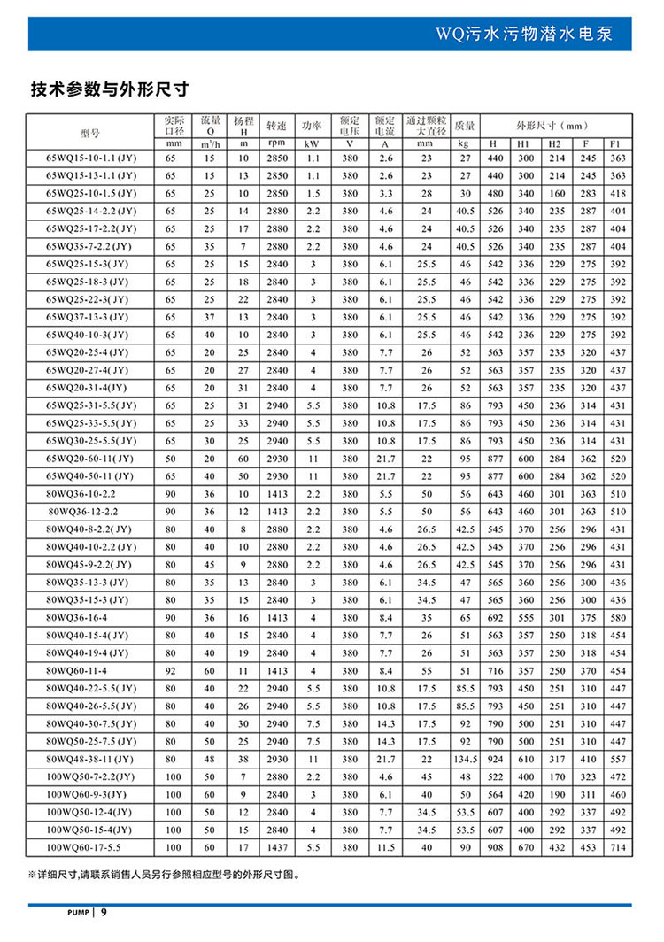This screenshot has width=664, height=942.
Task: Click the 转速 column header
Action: click(x=277, y=125)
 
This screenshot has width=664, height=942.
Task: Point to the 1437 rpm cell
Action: click(x=277, y=846)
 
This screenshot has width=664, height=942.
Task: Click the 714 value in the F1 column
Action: click(x=617, y=846)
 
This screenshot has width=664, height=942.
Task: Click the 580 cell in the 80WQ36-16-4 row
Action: click(x=617, y=618)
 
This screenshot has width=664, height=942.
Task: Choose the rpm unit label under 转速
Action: click(x=277, y=143)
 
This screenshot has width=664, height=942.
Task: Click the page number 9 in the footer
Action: click(x=104, y=912)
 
